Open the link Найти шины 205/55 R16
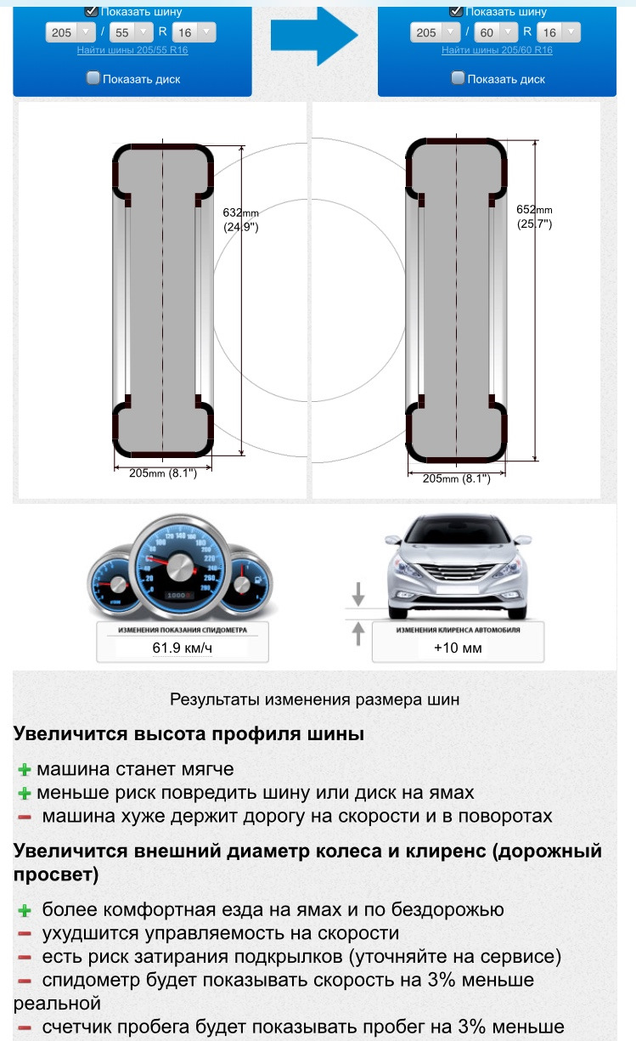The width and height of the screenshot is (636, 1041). click(x=132, y=50)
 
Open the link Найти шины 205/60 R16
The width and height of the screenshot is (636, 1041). click(x=497, y=50)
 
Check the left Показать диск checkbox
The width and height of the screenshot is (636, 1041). click(x=93, y=78)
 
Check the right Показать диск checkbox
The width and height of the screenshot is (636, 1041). click(x=458, y=78)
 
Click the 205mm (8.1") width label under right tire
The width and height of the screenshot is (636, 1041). click(x=456, y=479)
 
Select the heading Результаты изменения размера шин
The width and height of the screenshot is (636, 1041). click(x=314, y=700)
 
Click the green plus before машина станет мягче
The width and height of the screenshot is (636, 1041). click(x=25, y=770)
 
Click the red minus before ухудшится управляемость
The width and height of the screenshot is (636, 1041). click(x=25, y=934)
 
